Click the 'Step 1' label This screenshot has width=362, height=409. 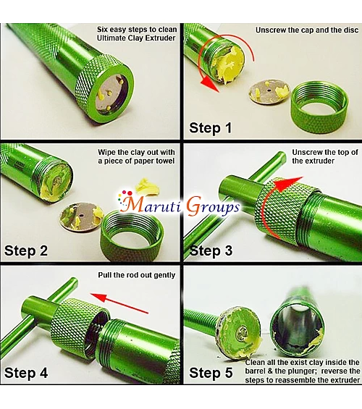tap(210, 128)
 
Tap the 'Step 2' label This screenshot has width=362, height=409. tap(26, 250)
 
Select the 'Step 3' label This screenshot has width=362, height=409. tap(211, 250)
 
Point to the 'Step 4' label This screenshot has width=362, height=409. tap(26, 373)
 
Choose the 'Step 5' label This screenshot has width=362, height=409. tap(211, 373)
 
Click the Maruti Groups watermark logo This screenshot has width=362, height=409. tap(179, 204)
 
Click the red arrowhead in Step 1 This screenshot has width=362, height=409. tap(210, 84)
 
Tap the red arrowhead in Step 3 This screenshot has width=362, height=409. tap(288, 184)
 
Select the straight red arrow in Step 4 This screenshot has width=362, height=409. tap(119, 303)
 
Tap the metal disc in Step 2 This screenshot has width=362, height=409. tap(81, 216)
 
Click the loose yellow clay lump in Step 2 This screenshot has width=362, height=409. tap(146, 186)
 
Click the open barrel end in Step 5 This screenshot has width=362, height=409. tap(297, 330)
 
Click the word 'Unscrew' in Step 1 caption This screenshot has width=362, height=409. tap(271, 30)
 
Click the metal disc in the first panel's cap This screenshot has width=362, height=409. tap(110, 93)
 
